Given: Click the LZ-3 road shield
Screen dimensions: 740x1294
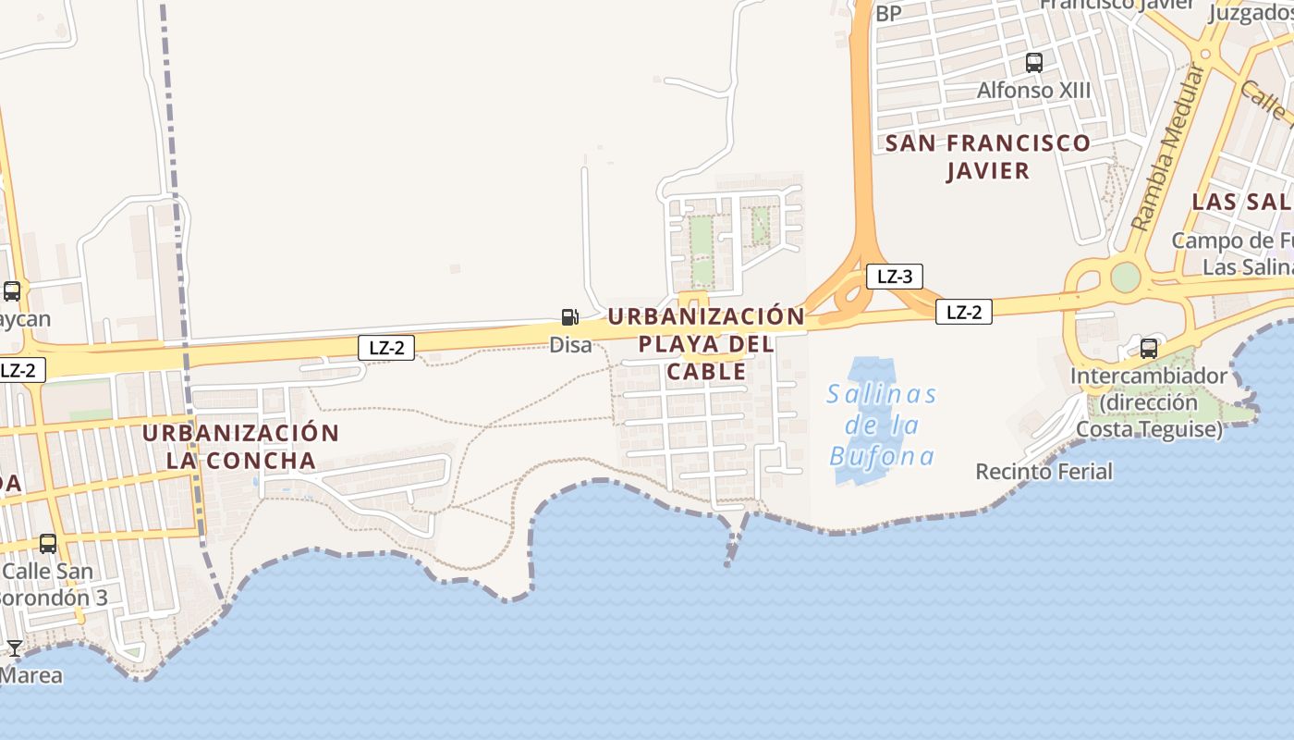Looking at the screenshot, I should coord(894,276).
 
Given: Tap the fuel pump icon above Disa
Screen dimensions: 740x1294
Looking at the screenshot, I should coord(570,317).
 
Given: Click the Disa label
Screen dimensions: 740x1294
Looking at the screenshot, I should coord(570,345).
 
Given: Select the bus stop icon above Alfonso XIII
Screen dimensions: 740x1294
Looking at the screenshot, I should coord(1033,63).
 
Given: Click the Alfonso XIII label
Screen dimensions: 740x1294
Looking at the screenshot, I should coord(1033,91).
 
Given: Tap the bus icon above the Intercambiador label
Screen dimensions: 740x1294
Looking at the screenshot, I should coord(1149,349).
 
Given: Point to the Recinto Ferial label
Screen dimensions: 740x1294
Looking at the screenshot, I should coord(1044,472).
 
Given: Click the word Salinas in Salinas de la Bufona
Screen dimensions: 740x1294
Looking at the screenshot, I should coord(881,395).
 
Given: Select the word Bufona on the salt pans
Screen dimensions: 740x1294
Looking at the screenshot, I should coord(881,456).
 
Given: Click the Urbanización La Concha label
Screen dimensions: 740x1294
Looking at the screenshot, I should coord(241,446).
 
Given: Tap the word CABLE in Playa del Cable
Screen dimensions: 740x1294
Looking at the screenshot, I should coord(706,372).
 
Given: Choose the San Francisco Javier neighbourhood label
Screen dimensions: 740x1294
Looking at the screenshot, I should coord(988,156).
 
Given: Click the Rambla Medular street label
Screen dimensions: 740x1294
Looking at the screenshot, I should coord(1168,148).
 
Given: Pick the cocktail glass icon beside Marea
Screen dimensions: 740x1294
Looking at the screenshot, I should coord(15,647).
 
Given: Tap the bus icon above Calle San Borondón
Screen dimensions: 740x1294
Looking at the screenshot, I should coord(48,544).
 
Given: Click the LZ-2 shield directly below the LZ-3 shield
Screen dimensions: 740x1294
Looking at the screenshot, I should coord(963,312).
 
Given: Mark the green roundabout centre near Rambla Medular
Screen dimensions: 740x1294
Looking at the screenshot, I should coord(1125,277).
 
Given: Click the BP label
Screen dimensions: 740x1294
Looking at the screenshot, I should coord(887,13).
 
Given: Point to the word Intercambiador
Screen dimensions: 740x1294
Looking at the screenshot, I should coord(1148,376).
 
